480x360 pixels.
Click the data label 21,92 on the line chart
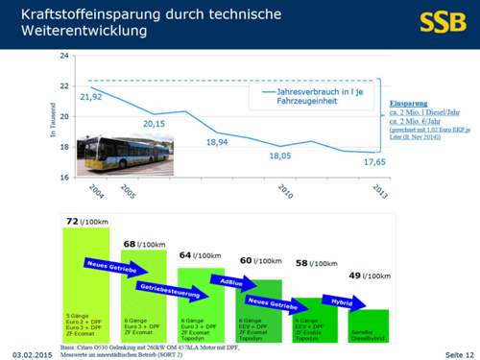[91, 97]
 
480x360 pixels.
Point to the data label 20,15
[155, 123]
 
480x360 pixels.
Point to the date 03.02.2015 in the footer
[30, 353]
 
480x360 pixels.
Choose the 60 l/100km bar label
[259, 261]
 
